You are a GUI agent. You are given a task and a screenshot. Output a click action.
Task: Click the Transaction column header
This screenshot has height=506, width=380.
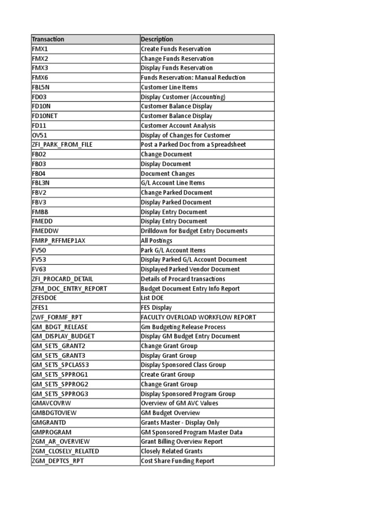coord(48,39)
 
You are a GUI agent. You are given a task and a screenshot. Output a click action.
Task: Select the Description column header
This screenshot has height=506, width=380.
coord(157,39)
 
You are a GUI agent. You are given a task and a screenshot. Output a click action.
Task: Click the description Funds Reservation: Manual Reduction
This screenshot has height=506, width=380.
coord(193,78)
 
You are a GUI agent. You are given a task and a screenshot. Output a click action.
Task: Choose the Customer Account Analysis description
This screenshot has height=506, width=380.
coord(178,126)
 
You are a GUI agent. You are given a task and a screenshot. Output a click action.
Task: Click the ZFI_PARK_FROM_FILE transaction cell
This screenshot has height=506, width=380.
coord(62,144)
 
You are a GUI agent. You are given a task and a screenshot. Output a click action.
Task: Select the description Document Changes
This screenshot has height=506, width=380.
coord(168,173)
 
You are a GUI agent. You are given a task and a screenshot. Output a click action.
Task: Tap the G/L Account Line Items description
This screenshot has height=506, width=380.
coord(173,183)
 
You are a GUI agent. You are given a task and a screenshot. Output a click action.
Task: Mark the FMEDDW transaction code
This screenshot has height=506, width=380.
coord(44,231)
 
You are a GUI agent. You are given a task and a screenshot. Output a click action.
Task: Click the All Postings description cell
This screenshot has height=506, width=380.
coord(156,241)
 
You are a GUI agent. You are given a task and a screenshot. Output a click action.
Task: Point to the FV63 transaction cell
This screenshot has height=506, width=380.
coord(39,269)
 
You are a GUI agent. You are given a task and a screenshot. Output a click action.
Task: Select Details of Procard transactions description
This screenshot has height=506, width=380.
coord(183,279)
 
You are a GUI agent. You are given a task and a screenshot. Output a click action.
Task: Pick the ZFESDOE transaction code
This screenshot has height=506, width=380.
coord(44,298)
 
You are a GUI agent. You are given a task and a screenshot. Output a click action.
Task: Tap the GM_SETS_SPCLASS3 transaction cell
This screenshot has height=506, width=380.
coord(60,365)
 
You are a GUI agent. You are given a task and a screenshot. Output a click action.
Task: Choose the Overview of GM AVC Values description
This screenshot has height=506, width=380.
coord(180,403)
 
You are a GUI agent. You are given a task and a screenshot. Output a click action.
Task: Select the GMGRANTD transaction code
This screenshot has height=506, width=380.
coord(48,422)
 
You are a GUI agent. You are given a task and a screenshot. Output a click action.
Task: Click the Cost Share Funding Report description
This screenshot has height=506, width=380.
coord(178,461)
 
